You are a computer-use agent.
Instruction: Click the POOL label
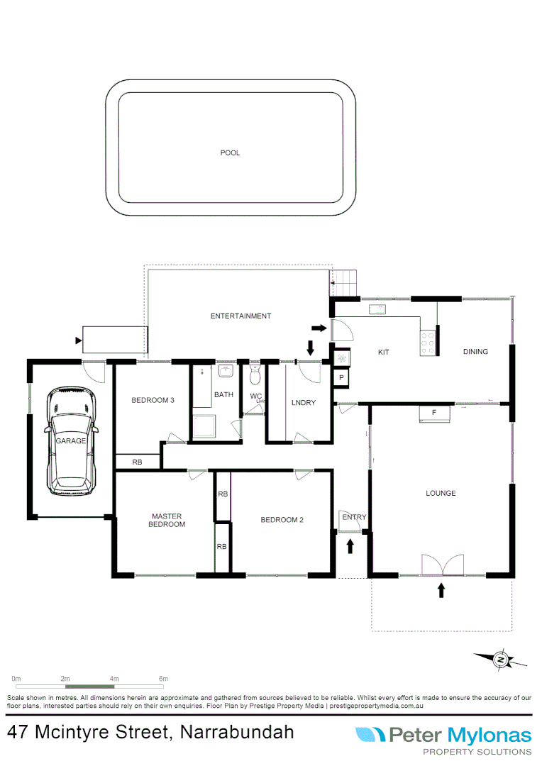point(230,152)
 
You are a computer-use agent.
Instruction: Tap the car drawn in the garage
point(71,441)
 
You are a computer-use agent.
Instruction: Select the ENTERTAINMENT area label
point(240,316)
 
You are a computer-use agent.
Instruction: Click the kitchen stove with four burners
point(428,343)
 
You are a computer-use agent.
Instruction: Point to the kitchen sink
point(376,309)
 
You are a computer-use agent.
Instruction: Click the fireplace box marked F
point(433,413)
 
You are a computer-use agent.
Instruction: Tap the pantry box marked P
point(341,379)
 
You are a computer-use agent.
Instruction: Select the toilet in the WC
point(255,374)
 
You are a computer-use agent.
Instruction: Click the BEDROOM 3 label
point(153,401)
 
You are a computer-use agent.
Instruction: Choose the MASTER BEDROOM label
point(167,520)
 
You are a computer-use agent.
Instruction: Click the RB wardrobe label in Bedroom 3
point(138,462)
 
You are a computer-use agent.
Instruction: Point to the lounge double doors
point(441,565)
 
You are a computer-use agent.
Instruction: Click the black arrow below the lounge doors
point(441,590)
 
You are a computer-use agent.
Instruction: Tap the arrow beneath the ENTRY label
point(350,545)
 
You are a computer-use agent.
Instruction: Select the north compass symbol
point(501,660)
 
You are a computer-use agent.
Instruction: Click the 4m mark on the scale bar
point(114,679)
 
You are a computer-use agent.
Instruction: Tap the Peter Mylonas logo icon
point(370,735)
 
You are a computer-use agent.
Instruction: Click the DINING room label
point(475,352)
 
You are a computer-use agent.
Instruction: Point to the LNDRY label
point(303,404)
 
